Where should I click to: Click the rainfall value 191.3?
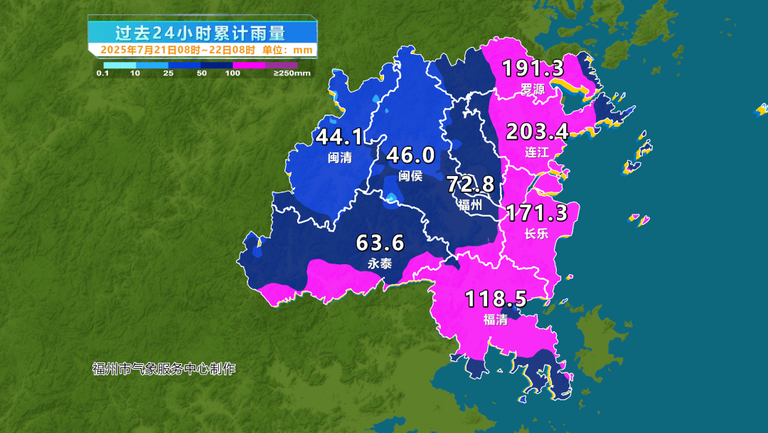coord(533,68)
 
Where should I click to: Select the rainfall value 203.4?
coord(537,132)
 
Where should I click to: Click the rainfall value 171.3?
coord(536,212)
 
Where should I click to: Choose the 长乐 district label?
coord(536,234)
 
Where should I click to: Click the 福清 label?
coord(496,320)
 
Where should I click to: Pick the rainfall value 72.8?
coord(470,184)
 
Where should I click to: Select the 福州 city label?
coord(470,205)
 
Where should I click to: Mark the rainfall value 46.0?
coord(410,155)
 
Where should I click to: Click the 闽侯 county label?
coord(410,175)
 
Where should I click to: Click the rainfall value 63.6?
coord(380,244)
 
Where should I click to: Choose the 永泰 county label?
coord(380,264)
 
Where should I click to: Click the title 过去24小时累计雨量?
coord(201,33)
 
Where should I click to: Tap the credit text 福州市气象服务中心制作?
coord(164,369)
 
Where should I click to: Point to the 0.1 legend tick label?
coord(102,73)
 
